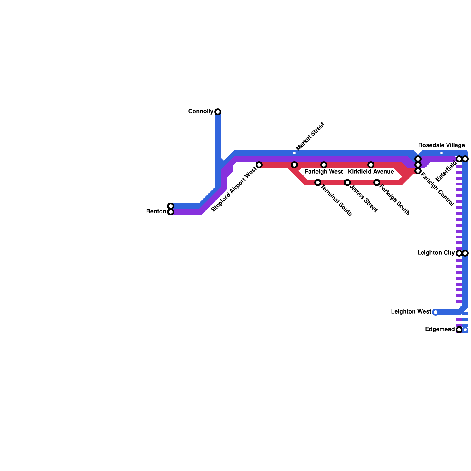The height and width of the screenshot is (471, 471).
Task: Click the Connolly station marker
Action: (218, 112)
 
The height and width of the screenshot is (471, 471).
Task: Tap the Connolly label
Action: (200, 112)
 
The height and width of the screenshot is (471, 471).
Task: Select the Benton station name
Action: (156, 212)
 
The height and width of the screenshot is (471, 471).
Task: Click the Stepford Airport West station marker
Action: (259, 165)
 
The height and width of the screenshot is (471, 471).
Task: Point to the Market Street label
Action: (310, 136)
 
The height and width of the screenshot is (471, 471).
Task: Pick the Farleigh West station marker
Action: (324, 165)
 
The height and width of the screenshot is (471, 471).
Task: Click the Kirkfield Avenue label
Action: (371, 172)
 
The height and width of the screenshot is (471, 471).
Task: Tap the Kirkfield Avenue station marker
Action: (371, 165)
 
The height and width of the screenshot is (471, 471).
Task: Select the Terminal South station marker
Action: (318, 183)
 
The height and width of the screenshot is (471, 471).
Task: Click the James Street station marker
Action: (347, 183)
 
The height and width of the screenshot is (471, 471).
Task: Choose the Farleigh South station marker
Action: (377, 183)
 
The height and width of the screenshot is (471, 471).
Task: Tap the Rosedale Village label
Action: (442, 145)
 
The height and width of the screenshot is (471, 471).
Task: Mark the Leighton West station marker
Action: (436, 312)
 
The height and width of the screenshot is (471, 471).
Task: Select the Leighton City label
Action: (436, 253)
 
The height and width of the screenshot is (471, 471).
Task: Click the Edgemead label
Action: (440, 329)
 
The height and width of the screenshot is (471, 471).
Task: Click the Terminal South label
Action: (336, 200)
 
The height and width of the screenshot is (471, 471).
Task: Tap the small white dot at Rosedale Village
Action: (442, 153)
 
